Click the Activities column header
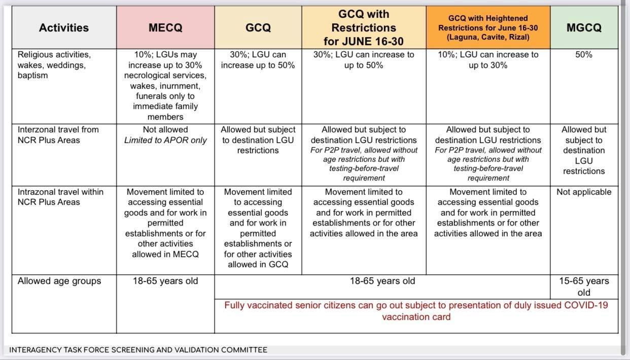(x=63, y=28)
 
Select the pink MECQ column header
(x=165, y=28)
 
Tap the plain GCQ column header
(x=258, y=28)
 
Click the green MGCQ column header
(x=584, y=28)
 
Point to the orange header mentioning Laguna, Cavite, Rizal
(x=488, y=28)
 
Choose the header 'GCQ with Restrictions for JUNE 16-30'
(x=364, y=27)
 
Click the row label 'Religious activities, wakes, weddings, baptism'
(x=54, y=65)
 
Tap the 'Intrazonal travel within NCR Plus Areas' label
(x=60, y=197)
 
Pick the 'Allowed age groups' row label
(x=59, y=281)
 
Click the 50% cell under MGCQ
(x=584, y=55)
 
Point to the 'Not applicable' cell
(x=584, y=192)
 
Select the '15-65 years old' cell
(x=584, y=286)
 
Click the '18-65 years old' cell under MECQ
(x=165, y=281)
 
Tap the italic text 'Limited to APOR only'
(x=165, y=140)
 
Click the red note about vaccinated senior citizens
(x=416, y=311)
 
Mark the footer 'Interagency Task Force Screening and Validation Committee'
(x=138, y=349)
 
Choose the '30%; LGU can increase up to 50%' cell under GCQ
(x=258, y=60)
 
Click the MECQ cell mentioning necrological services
(x=165, y=86)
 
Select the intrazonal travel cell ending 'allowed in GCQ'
(x=258, y=228)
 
